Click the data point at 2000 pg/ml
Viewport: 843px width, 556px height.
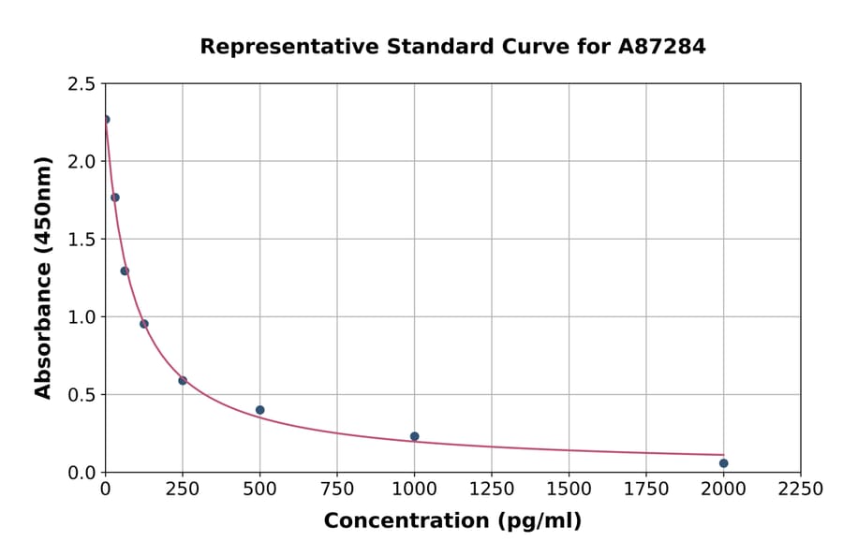pos(723,463)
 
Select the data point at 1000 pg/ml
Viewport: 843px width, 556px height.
pos(414,436)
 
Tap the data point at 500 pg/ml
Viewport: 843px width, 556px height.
pos(259,410)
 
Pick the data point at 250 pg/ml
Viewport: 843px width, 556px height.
pos(183,381)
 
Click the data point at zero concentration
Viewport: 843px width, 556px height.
pos(106,120)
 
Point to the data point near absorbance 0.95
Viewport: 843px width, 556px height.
pos(144,324)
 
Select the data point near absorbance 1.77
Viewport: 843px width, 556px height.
pos(115,198)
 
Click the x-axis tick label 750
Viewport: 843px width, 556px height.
pos(337,490)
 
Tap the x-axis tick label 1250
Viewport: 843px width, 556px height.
pos(492,490)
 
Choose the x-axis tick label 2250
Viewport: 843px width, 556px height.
pos(801,490)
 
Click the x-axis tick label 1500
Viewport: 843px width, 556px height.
pos(569,490)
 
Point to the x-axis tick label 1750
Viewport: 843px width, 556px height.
pos(646,490)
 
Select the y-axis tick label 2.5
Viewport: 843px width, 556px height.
pos(81,84)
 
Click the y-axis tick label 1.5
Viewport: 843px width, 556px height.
pos(81,240)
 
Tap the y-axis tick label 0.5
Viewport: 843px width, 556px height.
pos(81,395)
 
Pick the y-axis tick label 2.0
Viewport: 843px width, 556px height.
pos(81,162)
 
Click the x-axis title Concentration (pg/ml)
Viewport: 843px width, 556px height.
pos(452,521)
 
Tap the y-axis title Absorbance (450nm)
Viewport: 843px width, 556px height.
pos(43,277)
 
